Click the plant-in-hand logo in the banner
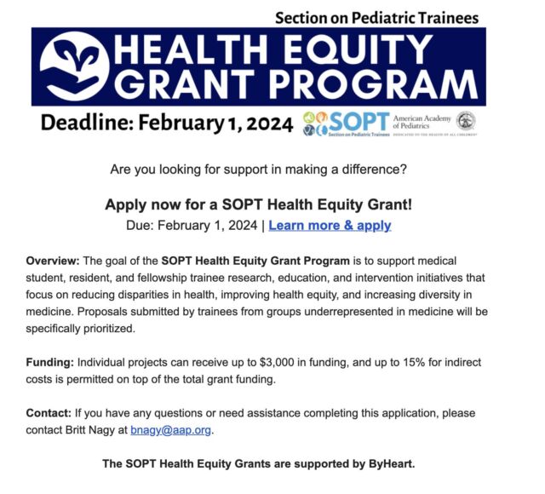74,66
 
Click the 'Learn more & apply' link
330,225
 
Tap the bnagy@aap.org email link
170,430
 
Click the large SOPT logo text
359,122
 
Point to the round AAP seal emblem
466,121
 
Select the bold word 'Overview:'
53,261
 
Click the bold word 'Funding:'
50,363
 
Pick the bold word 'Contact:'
49,413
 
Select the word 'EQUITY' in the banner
358,49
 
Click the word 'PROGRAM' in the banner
374,84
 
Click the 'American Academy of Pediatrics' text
422,122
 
